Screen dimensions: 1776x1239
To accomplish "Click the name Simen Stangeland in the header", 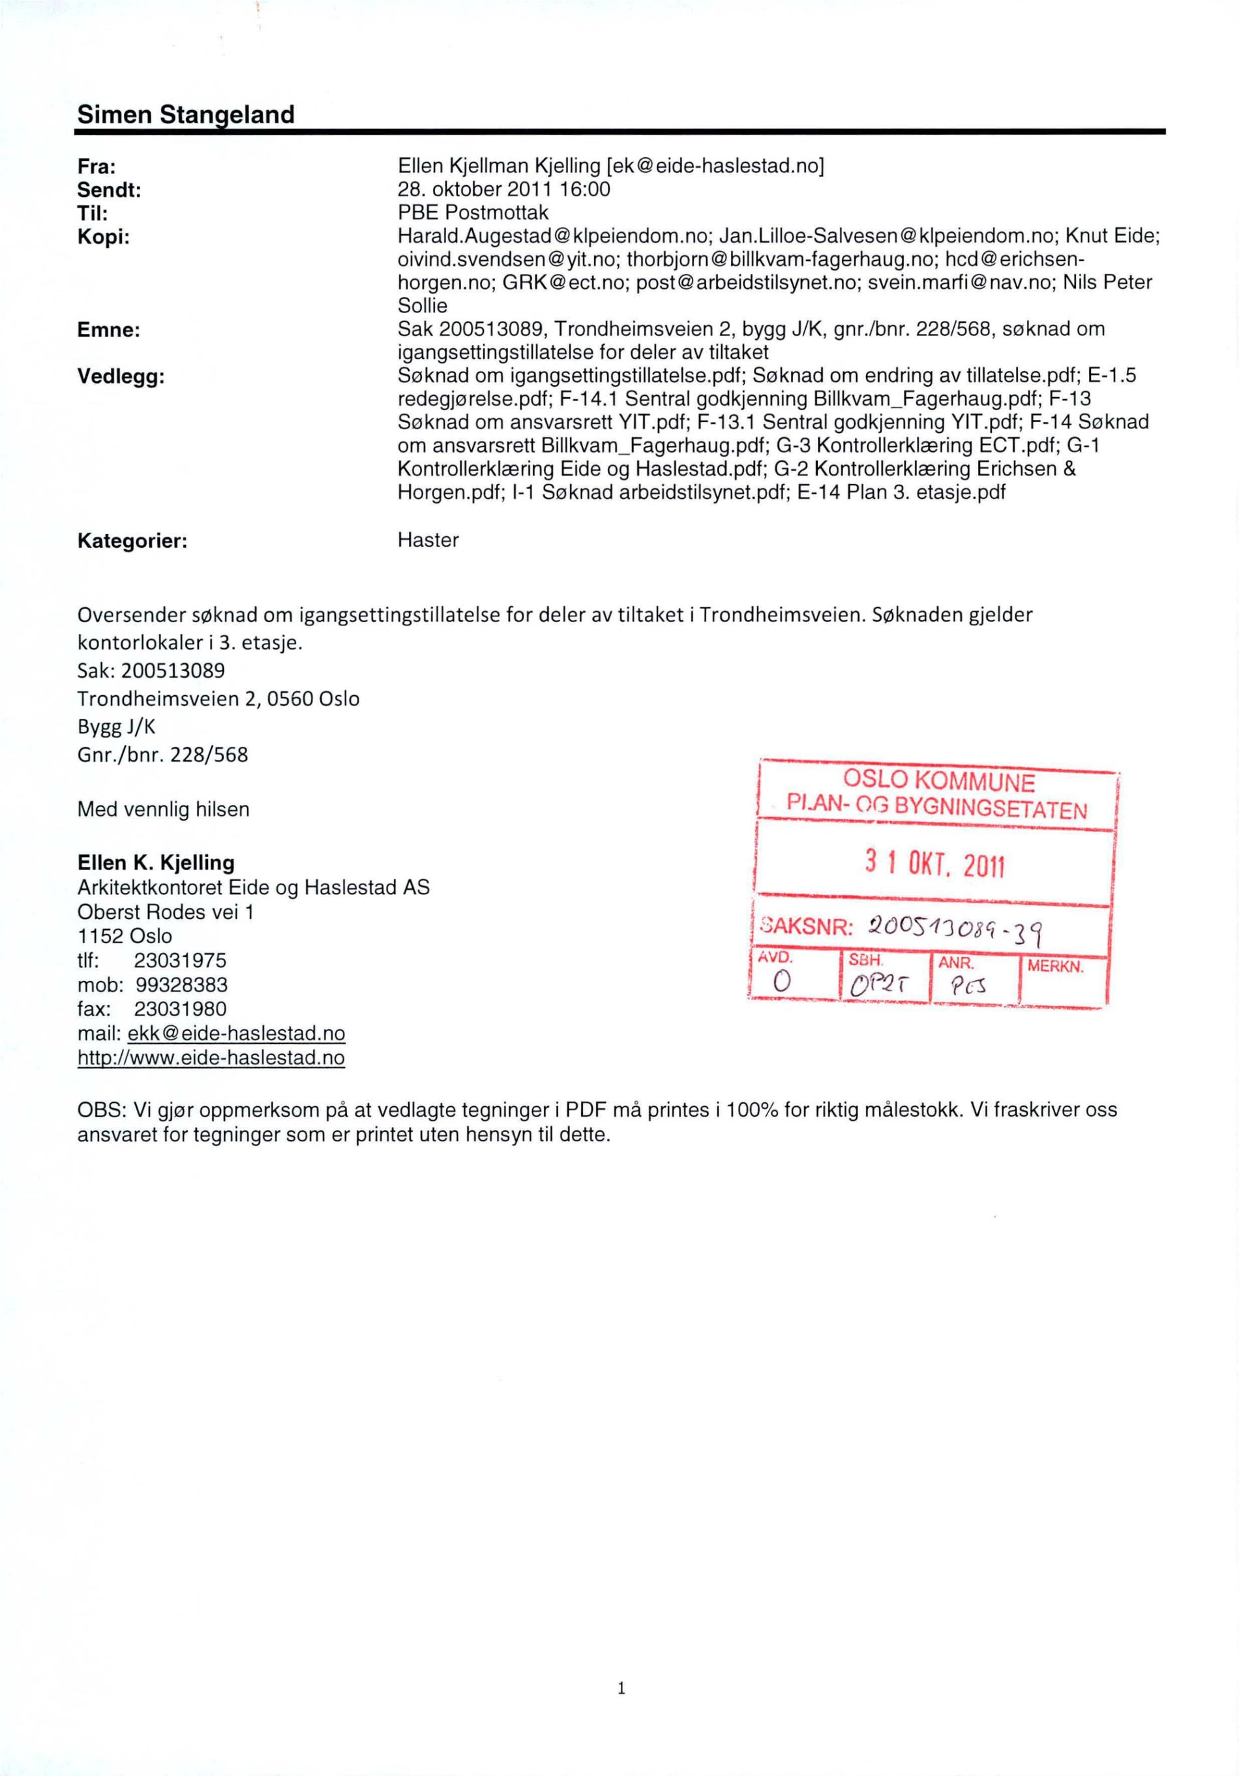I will click(186, 115).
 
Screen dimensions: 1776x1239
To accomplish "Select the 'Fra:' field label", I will click(97, 166).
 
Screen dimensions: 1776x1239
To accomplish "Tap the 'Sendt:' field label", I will click(109, 190).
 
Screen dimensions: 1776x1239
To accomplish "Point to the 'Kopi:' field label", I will click(103, 237).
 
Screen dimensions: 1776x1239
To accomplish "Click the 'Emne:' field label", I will click(108, 330).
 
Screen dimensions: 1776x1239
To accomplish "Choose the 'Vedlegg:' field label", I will click(121, 377).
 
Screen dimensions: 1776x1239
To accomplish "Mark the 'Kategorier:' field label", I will click(132, 541).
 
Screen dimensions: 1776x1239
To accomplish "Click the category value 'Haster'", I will click(428, 540).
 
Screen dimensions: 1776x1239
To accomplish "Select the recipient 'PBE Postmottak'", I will click(473, 213).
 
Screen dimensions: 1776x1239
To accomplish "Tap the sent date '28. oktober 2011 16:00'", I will click(503, 190).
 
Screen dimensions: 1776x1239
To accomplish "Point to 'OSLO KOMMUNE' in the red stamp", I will click(938, 781).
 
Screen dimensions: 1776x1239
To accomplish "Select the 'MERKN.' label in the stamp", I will click(1055, 967).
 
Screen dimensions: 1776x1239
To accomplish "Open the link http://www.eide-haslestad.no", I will click(211, 1057).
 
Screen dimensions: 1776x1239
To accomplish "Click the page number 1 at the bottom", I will click(620, 1688).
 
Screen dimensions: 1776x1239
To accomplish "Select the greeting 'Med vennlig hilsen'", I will click(163, 810).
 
